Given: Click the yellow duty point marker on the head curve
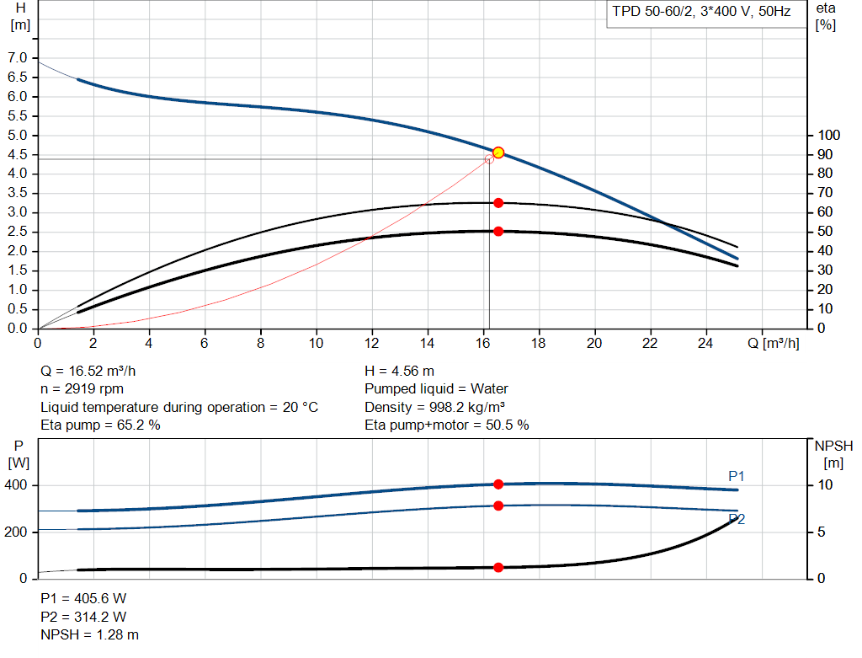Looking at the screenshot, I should (498, 152).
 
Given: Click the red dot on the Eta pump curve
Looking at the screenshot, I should (498, 203).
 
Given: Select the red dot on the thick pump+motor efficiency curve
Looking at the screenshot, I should (498, 231).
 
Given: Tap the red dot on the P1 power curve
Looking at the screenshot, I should (498, 484).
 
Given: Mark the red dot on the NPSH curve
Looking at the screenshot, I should (498, 568).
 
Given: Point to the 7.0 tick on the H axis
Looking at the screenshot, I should (17, 57).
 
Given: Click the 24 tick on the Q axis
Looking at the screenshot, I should (706, 343).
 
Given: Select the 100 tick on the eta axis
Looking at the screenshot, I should (829, 136).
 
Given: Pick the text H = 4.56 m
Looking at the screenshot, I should (400, 371).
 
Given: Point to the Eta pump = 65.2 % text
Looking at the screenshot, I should (101, 425).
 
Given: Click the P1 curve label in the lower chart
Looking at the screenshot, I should (737, 477).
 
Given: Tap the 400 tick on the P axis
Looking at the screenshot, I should (19, 485).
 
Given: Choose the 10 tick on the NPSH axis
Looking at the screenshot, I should (825, 485).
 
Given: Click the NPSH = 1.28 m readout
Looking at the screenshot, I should (90, 634).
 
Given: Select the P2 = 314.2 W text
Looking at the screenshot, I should (84, 616).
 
